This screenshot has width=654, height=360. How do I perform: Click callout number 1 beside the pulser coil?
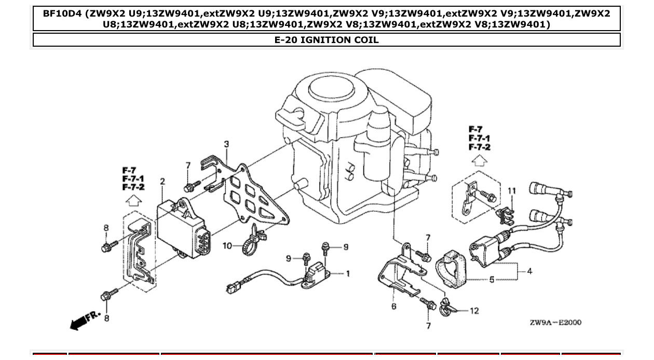coord(347,273)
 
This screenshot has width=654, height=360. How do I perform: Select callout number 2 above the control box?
coord(162,182)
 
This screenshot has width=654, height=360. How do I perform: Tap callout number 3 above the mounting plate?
coord(226,144)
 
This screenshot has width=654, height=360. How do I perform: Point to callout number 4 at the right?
coord(529,271)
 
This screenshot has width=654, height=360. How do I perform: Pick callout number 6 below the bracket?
coord(393,307)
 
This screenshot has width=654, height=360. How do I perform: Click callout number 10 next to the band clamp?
coord(227,245)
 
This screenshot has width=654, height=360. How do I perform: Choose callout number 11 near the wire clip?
coord(511,191)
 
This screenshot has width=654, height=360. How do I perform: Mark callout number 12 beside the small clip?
coord(474,311)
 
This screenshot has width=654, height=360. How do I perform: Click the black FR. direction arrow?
coord(78,323)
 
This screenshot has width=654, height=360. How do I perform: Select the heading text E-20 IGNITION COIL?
coord(326,40)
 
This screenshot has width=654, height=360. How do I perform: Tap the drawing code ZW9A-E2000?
coord(555,323)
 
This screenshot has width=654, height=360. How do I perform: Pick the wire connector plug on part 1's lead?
coord(232,285)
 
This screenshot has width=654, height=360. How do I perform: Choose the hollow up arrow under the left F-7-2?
coord(133,200)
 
